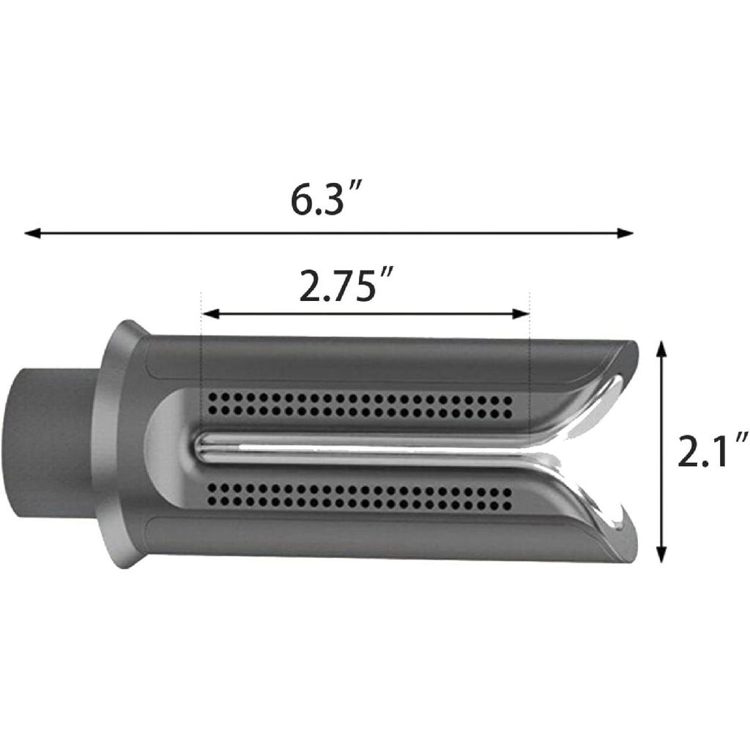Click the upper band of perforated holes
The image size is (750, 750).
359,403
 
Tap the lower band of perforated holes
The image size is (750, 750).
359,496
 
